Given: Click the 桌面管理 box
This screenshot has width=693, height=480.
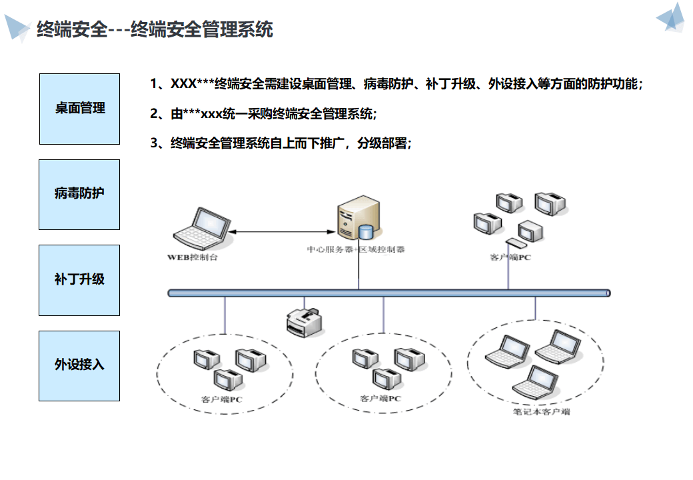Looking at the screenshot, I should click(x=79, y=109).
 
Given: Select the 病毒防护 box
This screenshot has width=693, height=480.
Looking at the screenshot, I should click(x=79, y=194).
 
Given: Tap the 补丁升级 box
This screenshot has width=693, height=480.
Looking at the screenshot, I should click(x=79, y=279).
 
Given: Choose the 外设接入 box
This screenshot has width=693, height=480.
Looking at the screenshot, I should click(x=79, y=365).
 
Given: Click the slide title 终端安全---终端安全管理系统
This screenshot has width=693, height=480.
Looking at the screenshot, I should click(x=155, y=29).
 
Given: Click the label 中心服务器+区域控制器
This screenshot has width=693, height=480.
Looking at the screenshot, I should click(x=356, y=250).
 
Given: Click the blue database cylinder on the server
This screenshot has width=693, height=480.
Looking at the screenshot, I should click(x=365, y=232).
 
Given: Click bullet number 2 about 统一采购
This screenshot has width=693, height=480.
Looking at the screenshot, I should click(x=264, y=114).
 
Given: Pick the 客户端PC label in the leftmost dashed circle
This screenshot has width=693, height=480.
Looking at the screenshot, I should click(x=222, y=400).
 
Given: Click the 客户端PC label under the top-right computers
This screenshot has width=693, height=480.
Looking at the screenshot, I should click(x=510, y=257).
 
